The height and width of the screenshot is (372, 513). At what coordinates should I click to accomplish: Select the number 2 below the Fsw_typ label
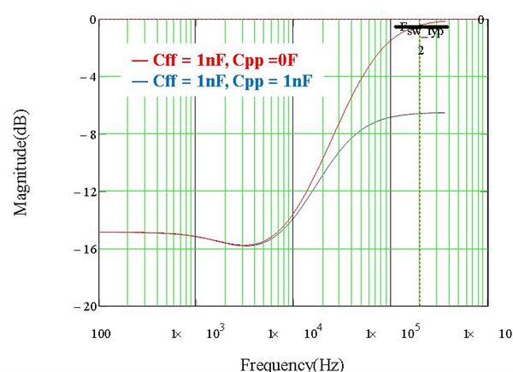click(421, 50)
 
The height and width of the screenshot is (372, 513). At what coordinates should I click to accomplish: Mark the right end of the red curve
click(445, 21)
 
